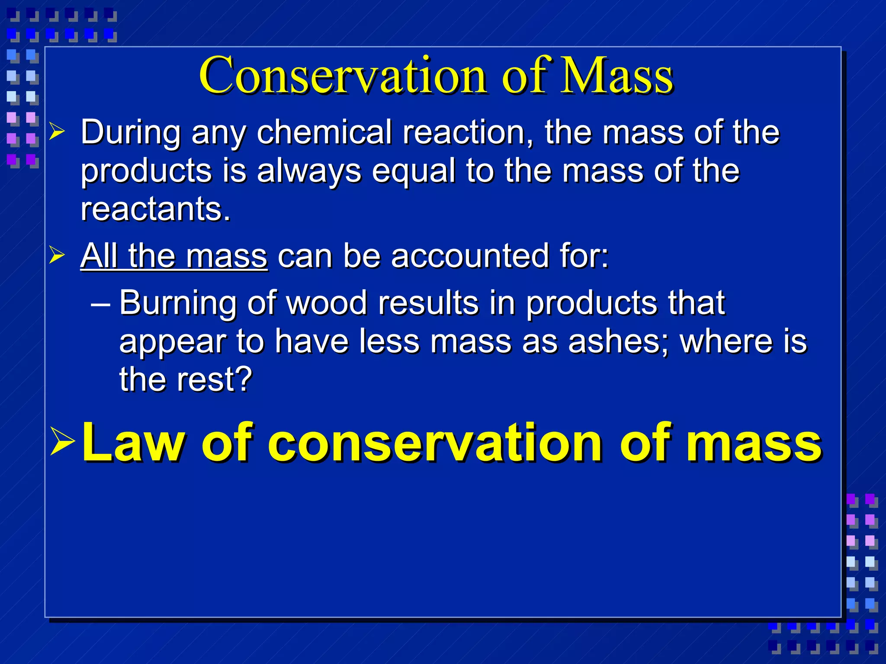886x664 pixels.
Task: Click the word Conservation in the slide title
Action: click(344, 76)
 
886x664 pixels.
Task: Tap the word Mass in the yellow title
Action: click(616, 76)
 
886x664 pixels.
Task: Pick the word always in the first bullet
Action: click(309, 171)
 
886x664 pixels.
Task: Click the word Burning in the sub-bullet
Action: click(178, 303)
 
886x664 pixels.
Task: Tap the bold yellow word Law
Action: click(136, 443)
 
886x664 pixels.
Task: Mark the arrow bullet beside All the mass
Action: click(57, 255)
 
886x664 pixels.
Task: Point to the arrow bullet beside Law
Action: click(62, 441)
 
